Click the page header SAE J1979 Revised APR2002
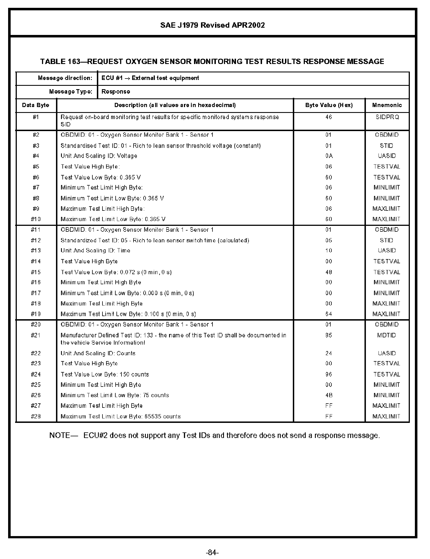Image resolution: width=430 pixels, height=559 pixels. [x=212, y=25]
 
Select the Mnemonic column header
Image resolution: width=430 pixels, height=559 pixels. [x=387, y=105]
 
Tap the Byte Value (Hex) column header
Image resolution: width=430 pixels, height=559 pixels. [x=329, y=105]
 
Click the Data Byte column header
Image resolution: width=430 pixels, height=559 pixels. [x=36, y=105]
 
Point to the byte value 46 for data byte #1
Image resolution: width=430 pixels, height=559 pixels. [x=329, y=117]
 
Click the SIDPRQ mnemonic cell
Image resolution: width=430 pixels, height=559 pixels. [x=387, y=117]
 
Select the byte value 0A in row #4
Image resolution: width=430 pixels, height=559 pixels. [x=329, y=156]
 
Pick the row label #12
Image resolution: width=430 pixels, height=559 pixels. [x=36, y=240]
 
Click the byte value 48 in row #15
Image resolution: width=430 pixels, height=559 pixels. [x=329, y=272]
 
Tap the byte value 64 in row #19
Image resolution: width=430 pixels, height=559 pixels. [x=329, y=314]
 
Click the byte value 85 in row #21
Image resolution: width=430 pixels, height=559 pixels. [x=329, y=335]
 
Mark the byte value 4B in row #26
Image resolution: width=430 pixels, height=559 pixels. [x=329, y=395]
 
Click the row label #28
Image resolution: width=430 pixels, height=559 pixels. [x=36, y=416]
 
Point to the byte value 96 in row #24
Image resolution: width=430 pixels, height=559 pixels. [x=329, y=375]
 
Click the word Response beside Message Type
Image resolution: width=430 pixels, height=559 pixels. [x=116, y=92]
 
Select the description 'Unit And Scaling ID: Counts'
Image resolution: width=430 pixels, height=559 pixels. [x=98, y=353]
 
